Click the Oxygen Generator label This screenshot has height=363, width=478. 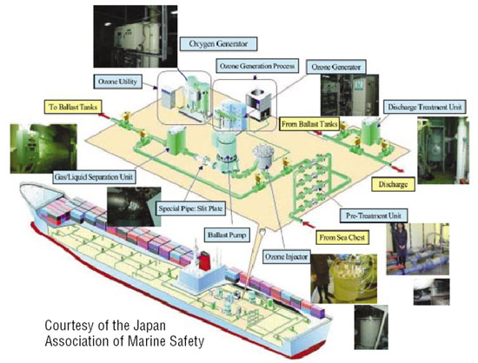click(x=218, y=43)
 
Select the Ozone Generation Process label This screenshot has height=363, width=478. click(x=257, y=66)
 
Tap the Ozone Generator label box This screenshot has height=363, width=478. click(x=335, y=67)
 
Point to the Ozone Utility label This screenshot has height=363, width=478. click(x=117, y=82)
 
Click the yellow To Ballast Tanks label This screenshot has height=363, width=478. click(x=73, y=107)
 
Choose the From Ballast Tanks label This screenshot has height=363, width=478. click(x=309, y=124)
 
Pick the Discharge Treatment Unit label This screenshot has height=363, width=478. click(x=424, y=107)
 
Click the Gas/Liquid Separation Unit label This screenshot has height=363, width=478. click(x=94, y=176)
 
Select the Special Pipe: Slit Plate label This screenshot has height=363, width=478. click(x=191, y=208)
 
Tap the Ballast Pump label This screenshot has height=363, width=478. click(x=227, y=235)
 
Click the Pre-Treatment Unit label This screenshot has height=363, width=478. click(x=374, y=215)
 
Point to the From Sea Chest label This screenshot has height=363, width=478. click(x=342, y=238)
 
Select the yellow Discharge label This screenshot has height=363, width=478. click(x=393, y=184)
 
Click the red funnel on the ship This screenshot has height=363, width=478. click(x=204, y=261)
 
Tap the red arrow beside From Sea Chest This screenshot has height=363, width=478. click(x=309, y=225)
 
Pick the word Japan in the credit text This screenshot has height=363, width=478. click(x=149, y=326)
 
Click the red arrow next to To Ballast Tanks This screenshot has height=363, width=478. click(x=105, y=116)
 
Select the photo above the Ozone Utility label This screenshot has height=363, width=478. click(x=136, y=36)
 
